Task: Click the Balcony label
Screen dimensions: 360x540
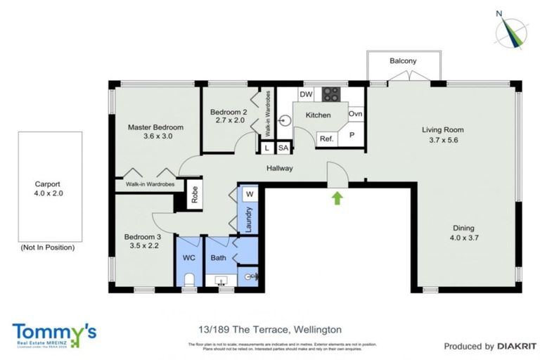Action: click(403, 61)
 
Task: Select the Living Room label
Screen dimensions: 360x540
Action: click(442, 129)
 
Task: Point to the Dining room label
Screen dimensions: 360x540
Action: click(463, 228)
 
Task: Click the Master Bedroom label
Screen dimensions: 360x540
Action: click(155, 127)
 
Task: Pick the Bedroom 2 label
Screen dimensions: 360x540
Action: click(229, 112)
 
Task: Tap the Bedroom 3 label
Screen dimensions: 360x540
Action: click(143, 238)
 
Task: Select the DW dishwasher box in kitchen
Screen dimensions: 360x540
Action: click(305, 94)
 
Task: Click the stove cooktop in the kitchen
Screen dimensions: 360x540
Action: click(331, 94)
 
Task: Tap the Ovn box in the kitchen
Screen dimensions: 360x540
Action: click(356, 114)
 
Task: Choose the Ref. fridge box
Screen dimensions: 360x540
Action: click(326, 139)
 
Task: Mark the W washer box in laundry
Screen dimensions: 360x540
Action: click(250, 194)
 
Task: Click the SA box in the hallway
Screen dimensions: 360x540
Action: click(283, 148)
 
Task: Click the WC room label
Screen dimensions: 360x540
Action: click(189, 258)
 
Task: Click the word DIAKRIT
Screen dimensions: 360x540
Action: click(517, 346)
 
